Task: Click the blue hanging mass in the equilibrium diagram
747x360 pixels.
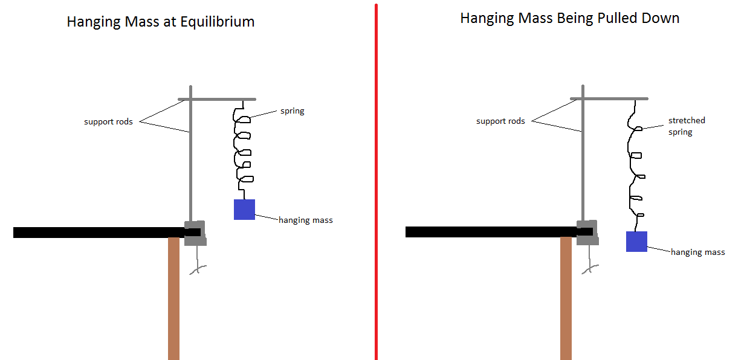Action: point(244,210)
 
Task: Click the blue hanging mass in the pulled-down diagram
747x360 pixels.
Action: point(636,242)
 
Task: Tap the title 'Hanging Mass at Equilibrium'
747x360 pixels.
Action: point(160,22)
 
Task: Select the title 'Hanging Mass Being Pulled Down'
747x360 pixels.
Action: point(569,18)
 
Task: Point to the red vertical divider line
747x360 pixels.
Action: point(376,181)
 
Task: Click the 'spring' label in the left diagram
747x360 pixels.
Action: point(292,111)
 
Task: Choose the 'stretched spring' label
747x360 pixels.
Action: point(687,126)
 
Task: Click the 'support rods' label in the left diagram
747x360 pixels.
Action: point(108,122)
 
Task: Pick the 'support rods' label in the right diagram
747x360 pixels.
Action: point(500,121)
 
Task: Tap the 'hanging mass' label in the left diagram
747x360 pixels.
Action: point(305,220)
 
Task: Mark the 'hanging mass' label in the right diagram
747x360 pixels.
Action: point(697,252)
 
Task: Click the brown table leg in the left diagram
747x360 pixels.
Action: point(173,298)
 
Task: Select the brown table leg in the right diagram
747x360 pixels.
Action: point(566,298)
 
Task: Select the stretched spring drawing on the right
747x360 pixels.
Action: point(635,163)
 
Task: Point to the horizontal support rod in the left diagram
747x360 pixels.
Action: point(218,99)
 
